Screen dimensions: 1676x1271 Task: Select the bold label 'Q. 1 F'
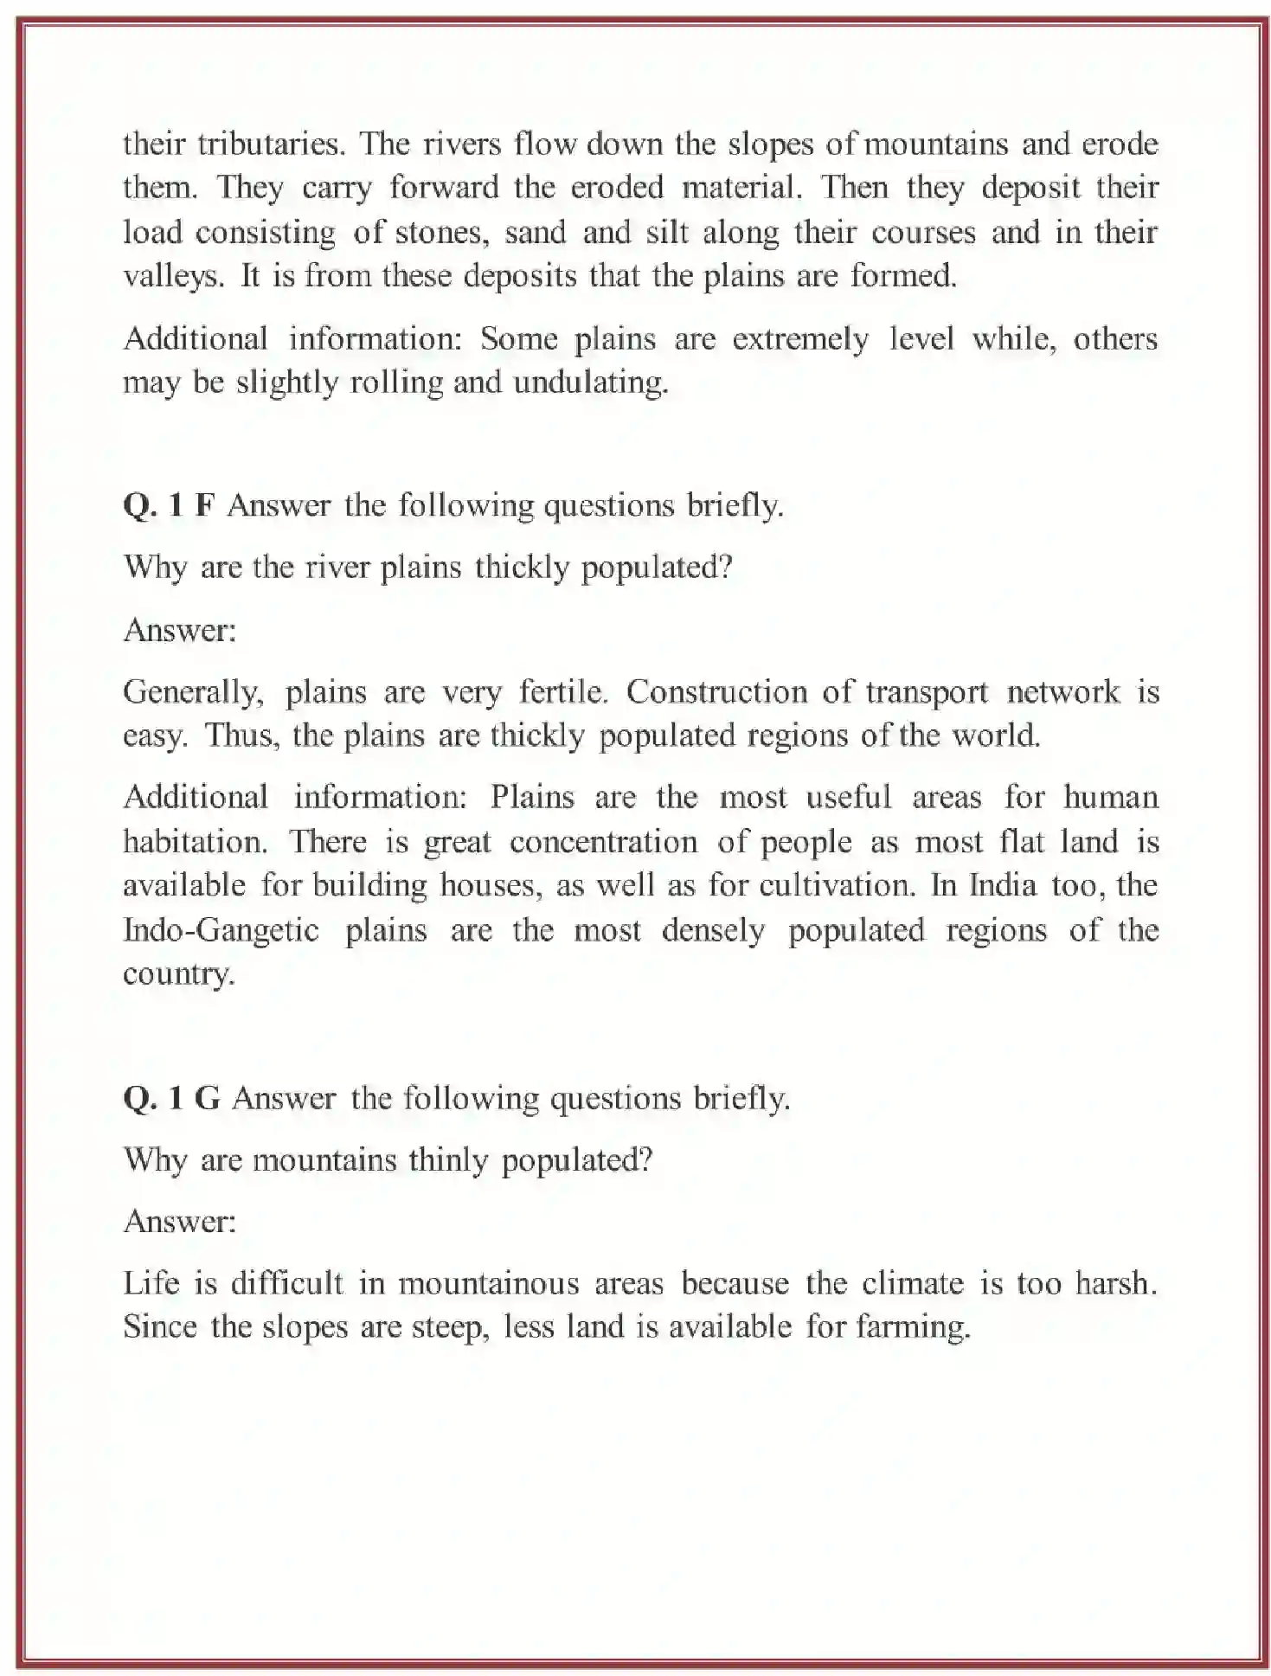(x=169, y=505)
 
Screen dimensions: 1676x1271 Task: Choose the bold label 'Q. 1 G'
(x=171, y=1098)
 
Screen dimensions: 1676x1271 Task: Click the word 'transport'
(x=927, y=692)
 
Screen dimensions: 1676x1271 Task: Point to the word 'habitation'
(x=196, y=841)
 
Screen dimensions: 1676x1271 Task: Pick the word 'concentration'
(x=603, y=841)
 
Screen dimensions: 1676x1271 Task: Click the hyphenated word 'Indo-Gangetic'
(x=221, y=930)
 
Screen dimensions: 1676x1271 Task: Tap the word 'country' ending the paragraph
(x=177, y=974)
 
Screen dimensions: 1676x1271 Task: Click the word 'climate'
(x=912, y=1283)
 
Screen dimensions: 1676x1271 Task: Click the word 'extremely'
(x=799, y=338)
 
